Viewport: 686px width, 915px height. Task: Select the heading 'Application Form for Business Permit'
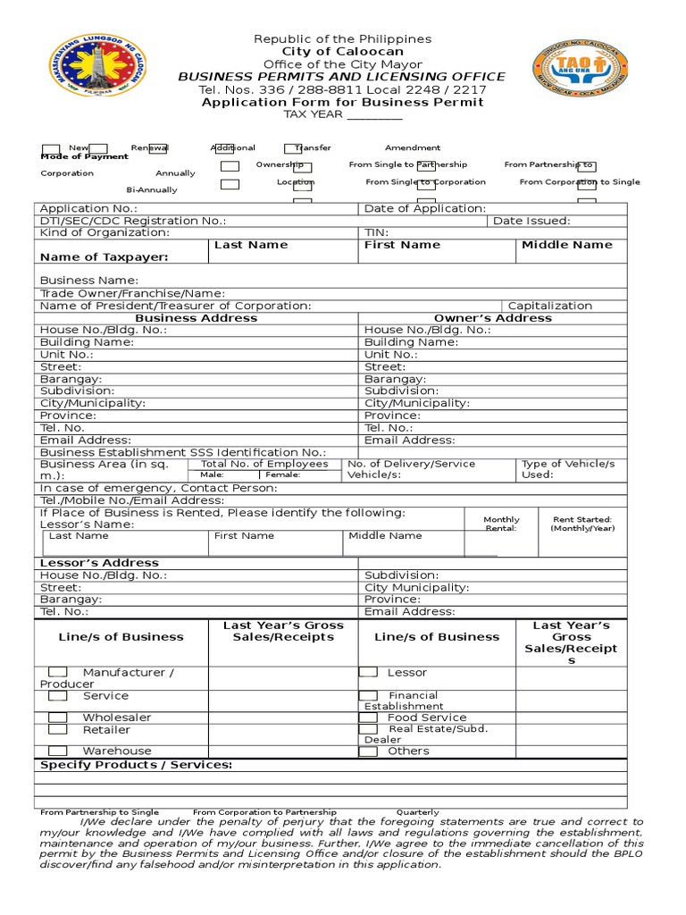pos(342,102)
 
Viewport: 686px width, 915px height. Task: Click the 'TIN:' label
pos(376,232)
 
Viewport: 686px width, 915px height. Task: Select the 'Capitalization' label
pos(549,306)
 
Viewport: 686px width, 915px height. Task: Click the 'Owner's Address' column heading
pos(492,318)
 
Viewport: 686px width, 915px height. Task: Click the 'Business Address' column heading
pos(196,318)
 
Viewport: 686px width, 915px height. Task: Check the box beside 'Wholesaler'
pos(57,718)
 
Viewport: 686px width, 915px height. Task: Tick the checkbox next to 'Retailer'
pos(57,730)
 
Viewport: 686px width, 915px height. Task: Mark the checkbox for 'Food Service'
pos(368,718)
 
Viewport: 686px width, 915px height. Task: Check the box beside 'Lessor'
pos(368,672)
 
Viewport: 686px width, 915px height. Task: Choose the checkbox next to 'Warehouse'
pos(57,751)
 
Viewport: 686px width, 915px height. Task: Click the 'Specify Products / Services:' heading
pos(136,765)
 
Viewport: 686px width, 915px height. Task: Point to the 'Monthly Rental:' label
pos(501,524)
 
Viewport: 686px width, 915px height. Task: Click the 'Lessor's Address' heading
pos(99,563)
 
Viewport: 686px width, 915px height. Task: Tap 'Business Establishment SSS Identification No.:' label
pos(183,453)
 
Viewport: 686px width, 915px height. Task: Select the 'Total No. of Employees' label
pos(264,464)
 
